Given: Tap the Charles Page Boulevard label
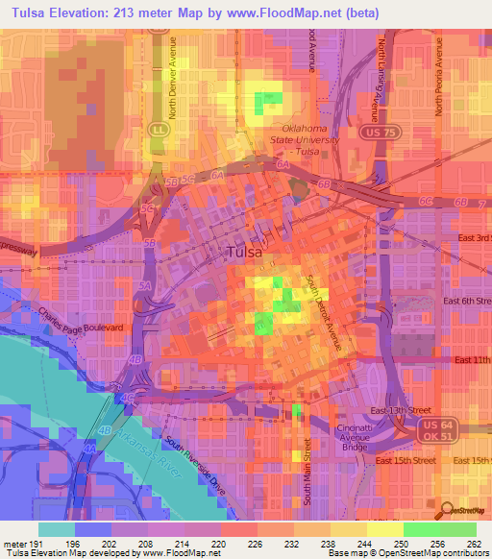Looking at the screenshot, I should point(82,321).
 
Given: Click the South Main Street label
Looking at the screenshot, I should point(308,470).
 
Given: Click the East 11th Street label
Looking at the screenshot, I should point(472,359).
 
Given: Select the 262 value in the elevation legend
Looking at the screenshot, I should point(473,543).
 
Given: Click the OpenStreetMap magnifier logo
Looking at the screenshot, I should point(446,509).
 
